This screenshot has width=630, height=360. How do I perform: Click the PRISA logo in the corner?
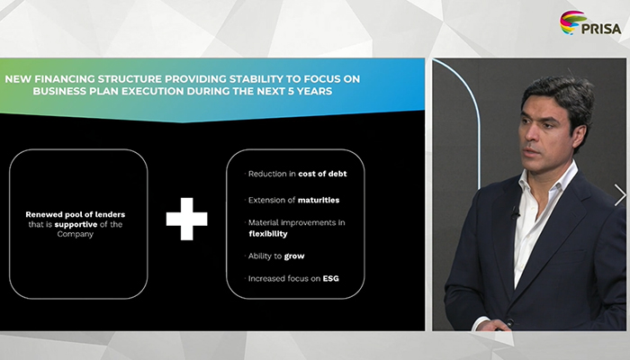590,22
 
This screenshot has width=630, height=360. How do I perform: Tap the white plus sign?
187,219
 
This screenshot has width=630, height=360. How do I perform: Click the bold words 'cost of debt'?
322,174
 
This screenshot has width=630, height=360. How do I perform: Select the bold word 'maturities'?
319,200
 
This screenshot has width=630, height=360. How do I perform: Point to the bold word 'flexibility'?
268,234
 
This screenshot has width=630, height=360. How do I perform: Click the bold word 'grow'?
294,256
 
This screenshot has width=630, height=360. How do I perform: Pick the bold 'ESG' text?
330,278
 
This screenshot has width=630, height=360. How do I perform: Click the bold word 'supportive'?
76,225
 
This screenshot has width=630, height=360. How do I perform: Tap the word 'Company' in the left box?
75,234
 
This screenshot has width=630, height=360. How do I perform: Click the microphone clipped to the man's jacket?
514,212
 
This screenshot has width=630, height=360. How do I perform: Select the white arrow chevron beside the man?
620,195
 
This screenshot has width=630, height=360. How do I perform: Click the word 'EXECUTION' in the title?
153,91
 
